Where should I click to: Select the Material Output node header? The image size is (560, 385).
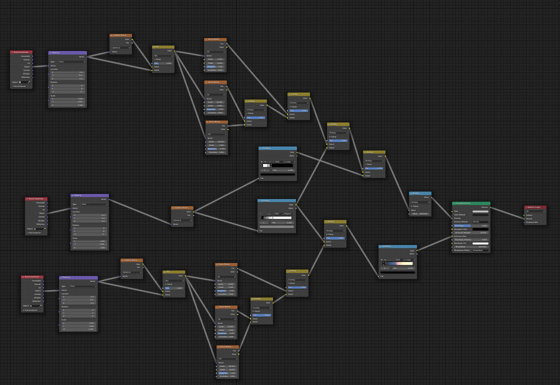pyautogui.click(x=535, y=207)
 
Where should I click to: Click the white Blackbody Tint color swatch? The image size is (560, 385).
pyautogui.click(x=480, y=243)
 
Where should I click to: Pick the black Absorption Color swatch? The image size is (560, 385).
pyautogui.click(x=480, y=229)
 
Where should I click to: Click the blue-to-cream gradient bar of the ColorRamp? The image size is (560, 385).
pyautogui.click(x=398, y=263)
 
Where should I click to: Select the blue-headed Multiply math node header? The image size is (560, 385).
pyautogui.click(x=420, y=193)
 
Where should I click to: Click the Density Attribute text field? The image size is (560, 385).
pyautogui.click(x=480, y=222)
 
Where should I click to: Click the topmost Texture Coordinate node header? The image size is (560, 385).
pyautogui.click(x=21, y=52)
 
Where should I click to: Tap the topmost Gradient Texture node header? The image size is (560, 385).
pyautogui.click(x=120, y=35)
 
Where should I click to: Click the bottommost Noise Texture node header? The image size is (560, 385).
pyautogui.click(x=227, y=346)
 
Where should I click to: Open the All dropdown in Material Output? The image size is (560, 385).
pyautogui.click(x=535, y=211)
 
